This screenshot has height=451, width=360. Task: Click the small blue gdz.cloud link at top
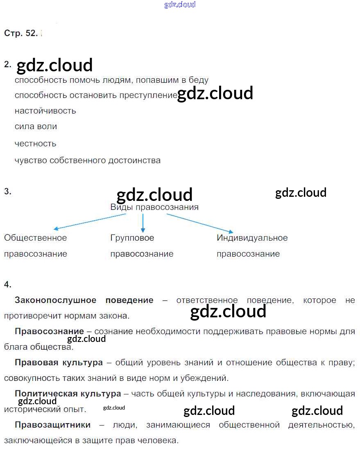pyautogui.click(x=180, y=5)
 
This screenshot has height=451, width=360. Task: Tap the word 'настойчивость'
pyautogui.click(x=45, y=111)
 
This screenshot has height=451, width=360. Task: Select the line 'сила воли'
pyautogui.click(x=36, y=127)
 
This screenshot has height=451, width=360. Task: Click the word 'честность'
pyautogui.click(x=35, y=143)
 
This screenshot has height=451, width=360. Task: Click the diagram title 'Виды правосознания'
pyautogui.click(x=154, y=207)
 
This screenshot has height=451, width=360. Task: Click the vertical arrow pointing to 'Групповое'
pyautogui.click(x=143, y=223)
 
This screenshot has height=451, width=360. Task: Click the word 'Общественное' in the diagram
pyautogui.click(x=35, y=238)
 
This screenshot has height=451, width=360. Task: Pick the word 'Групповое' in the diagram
pyautogui.click(x=132, y=238)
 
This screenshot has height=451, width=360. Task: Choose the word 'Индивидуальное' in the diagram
pyautogui.click(x=252, y=238)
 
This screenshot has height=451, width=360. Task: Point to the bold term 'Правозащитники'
pyautogui.click(x=52, y=425)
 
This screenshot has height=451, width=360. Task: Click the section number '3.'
pyautogui.click(x=7, y=191)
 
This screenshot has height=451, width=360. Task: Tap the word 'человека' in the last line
pyautogui.click(x=160, y=441)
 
